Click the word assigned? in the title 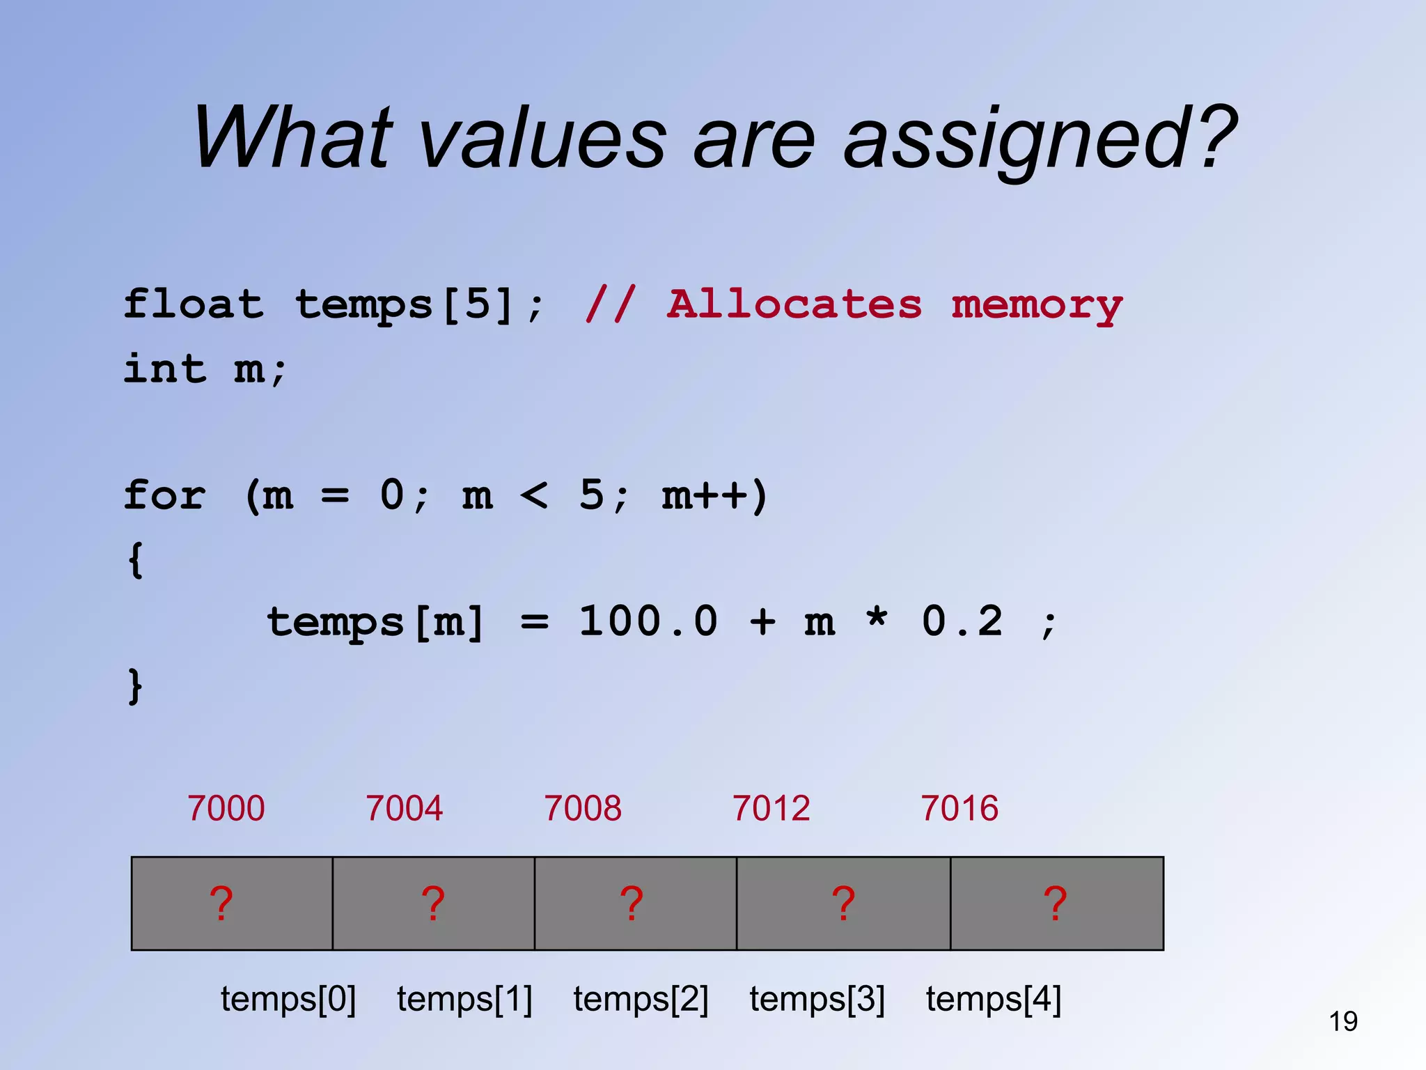coord(1040,139)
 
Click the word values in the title coord(544,139)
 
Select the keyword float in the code coord(194,304)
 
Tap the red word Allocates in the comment coord(794,304)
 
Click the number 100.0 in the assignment coord(648,621)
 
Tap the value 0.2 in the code coord(962,621)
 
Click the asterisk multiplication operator coord(877,617)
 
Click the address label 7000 coord(226,808)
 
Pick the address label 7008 coord(583,808)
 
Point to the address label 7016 coord(959,808)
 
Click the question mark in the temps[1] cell coord(433,904)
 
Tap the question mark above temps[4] coord(1055,904)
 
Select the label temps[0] coord(288,999)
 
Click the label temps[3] coord(817,999)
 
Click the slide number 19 coord(1343,1021)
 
